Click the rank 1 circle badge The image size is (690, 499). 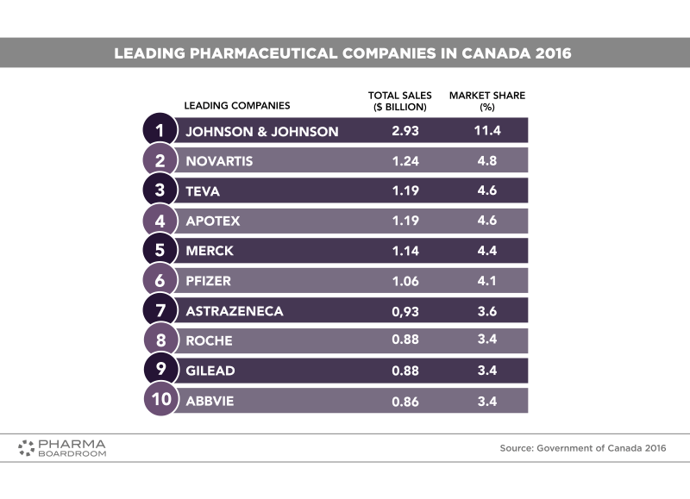coord(160,130)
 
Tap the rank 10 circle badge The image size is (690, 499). coord(160,401)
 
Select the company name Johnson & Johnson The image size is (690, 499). coord(261,131)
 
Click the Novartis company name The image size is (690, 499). coord(219,160)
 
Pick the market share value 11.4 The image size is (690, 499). coord(486,131)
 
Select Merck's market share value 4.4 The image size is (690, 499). coord(486,251)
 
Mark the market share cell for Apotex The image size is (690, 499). coord(486,221)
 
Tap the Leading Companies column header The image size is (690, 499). coord(237,105)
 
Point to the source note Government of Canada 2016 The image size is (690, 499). coord(583,448)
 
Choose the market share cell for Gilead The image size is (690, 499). coord(486,371)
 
